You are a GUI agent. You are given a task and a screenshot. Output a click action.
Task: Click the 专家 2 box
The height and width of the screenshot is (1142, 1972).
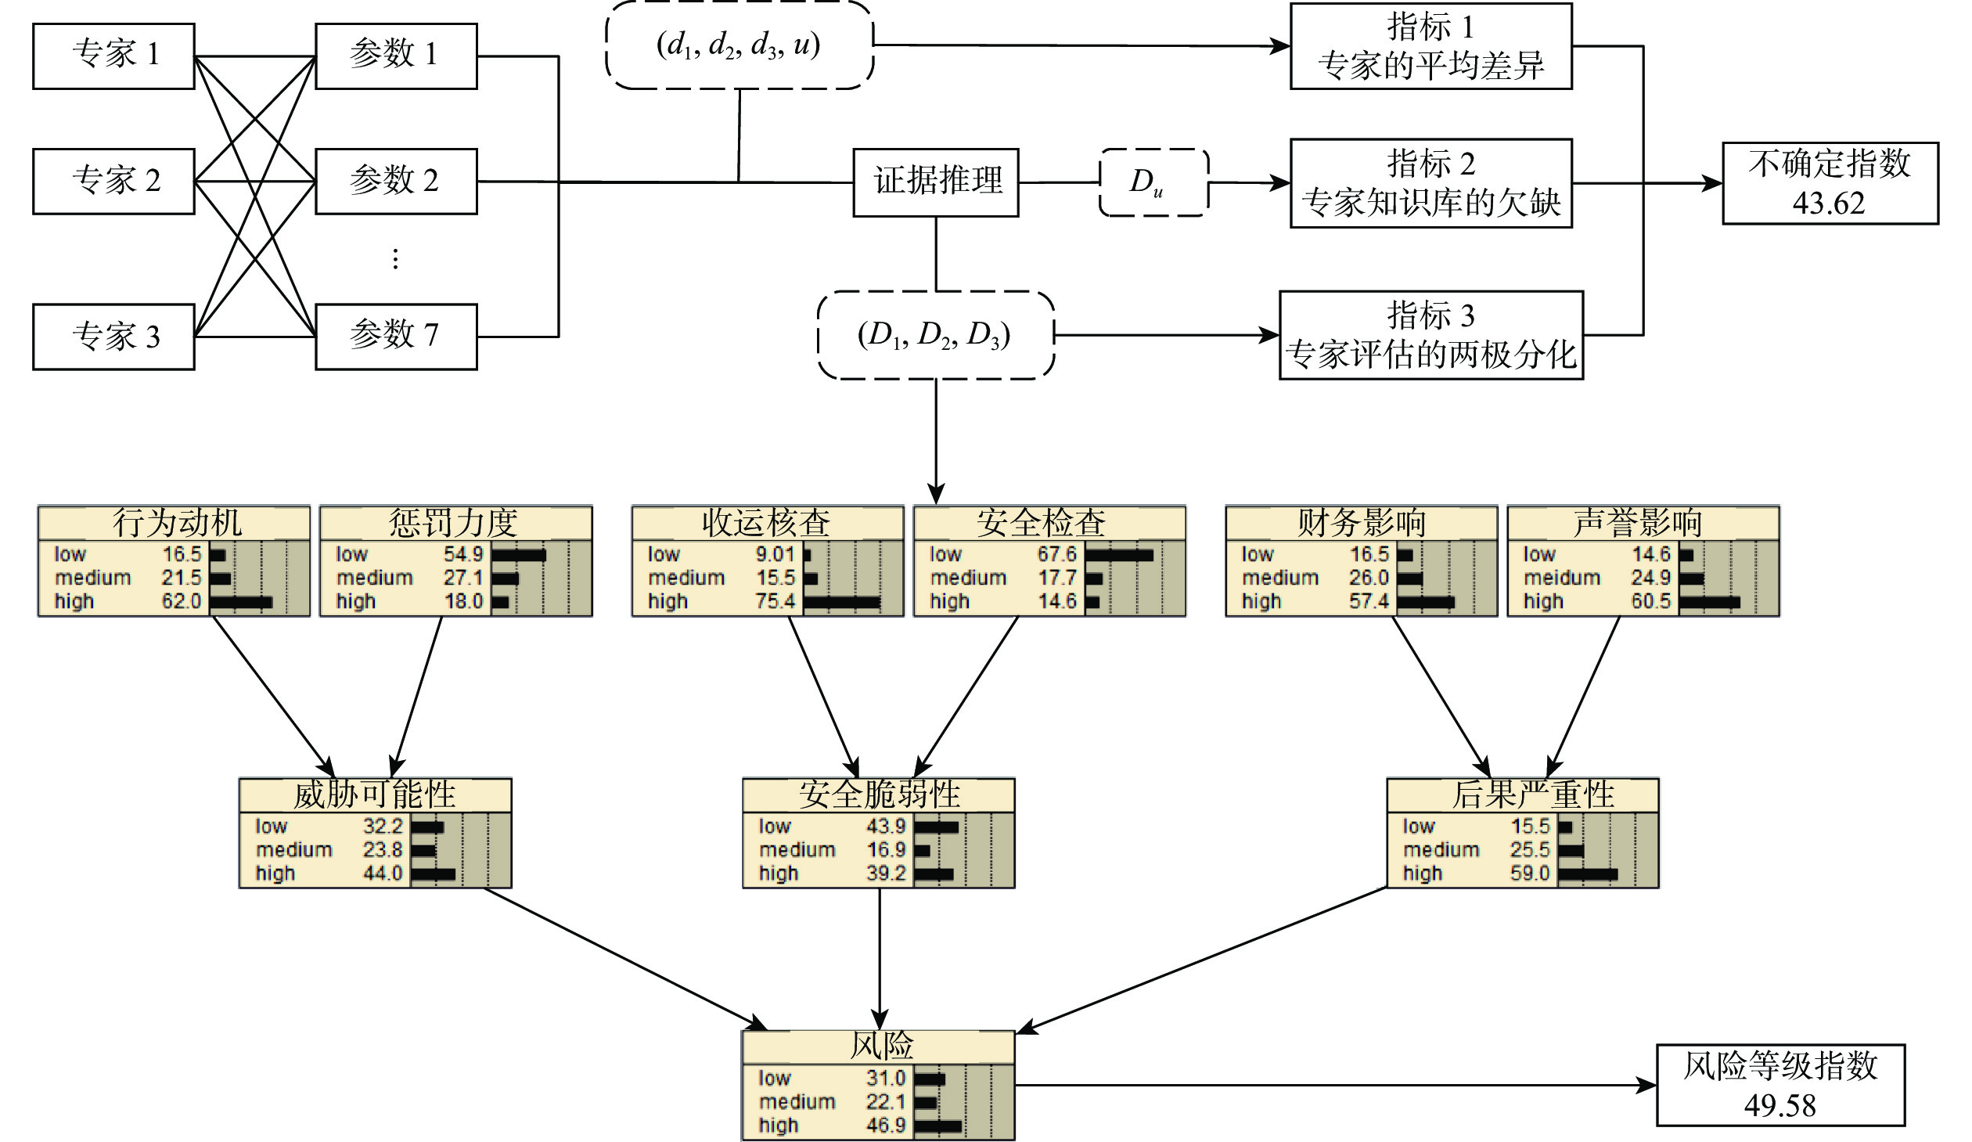pos(113,181)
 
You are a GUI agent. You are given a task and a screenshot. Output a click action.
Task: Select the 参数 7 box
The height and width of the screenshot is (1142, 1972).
pos(396,336)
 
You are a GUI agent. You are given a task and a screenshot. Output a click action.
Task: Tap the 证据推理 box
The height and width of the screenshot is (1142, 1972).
pos(936,182)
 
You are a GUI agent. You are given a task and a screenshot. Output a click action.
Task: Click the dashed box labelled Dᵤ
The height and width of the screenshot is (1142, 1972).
pos(1153,182)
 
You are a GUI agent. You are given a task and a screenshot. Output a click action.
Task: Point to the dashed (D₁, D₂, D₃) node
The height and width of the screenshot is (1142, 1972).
pos(936,335)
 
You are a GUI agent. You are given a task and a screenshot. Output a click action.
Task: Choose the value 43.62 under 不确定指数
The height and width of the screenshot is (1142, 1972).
pos(1829,204)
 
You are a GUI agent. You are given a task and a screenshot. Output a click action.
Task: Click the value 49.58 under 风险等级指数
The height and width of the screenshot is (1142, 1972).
pos(1779,1105)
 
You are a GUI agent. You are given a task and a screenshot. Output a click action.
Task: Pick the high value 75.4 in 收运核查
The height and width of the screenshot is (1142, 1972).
pos(775,601)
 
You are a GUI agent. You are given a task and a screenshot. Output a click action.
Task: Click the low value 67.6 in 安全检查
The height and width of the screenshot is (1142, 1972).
pos(1057,554)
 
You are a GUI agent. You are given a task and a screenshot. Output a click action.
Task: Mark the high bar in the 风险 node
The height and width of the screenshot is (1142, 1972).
pos(937,1126)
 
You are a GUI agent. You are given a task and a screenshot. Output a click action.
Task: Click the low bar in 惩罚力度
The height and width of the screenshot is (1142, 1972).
pos(518,555)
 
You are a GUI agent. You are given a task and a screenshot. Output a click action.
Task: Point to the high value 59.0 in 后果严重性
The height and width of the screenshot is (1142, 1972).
pos(1530,873)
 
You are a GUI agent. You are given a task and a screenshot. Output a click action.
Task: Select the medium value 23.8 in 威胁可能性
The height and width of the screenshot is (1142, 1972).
pos(383,849)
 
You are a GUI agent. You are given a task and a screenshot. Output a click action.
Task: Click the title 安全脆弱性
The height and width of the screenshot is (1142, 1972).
pos(879,794)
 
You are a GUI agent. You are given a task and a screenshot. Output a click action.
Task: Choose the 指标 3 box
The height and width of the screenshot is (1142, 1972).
pos(1430,335)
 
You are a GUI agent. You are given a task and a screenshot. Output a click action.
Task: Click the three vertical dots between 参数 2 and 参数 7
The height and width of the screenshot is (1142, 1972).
pos(395,258)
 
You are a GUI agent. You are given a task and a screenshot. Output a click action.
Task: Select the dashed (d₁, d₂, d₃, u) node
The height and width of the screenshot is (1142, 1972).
pos(739,45)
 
